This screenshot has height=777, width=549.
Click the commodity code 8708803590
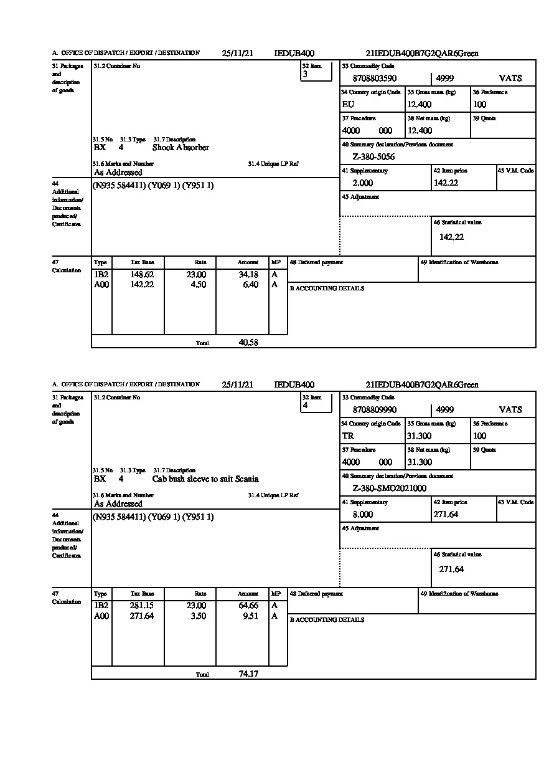pos(374,79)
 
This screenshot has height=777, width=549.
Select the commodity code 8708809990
pos(374,410)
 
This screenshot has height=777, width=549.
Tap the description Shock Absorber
pos(181,148)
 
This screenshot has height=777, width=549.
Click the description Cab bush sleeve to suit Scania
pos(205,479)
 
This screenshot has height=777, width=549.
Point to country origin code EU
pos(348,105)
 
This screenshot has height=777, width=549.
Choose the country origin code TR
pos(348,436)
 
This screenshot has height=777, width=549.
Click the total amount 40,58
pos(248,342)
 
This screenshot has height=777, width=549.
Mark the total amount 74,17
pos(248,674)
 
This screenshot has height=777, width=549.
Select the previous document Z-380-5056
pos(373,157)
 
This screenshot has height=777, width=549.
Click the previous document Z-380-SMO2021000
pos(390,489)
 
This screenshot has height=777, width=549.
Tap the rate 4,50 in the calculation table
pos(197,285)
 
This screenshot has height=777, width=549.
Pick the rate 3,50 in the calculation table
pos(197,616)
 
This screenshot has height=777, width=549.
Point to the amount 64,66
pos(248,606)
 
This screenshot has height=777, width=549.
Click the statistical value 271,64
pos(451,569)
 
